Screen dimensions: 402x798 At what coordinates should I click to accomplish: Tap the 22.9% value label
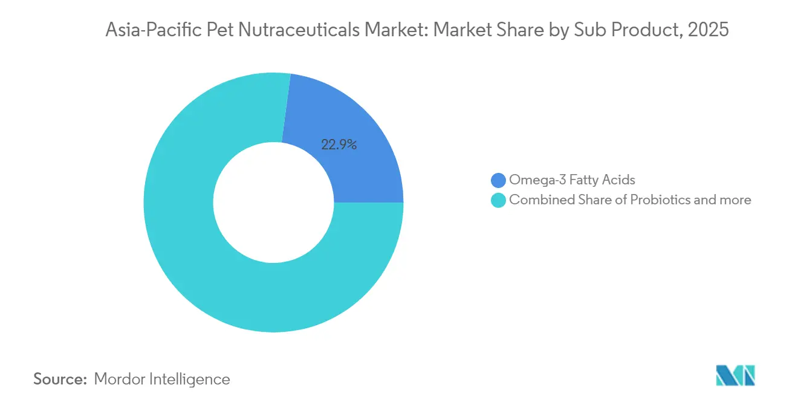[x=339, y=144]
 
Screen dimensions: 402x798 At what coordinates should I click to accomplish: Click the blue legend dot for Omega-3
[x=499, y=180]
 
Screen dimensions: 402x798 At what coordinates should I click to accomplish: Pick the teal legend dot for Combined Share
[x=499, y=200]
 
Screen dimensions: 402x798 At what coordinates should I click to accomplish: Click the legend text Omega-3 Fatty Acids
[x=572, y=180]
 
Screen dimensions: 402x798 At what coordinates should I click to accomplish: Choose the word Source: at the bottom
[x=60, y=379]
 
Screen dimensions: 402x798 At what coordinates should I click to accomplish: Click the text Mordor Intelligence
[x=162, y=379]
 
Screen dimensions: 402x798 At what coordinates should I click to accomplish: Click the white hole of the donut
[x=273, y=203]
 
